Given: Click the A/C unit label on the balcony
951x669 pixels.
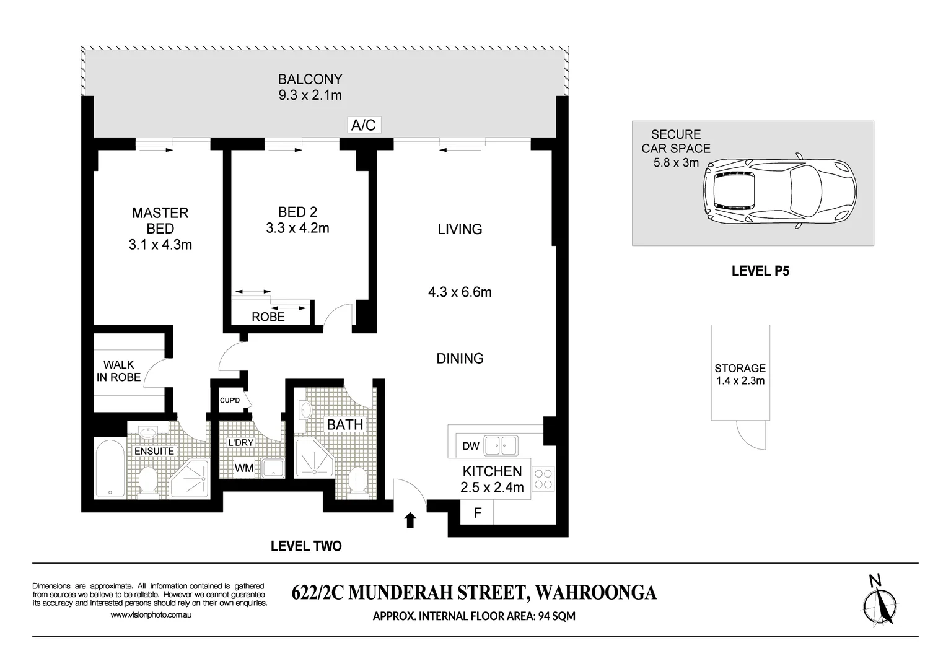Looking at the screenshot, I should coord(363,125).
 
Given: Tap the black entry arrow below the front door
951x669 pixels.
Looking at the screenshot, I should coord(410,520).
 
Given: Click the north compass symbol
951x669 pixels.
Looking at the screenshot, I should coord(880,602).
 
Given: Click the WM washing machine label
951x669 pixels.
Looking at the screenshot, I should coord(243,468).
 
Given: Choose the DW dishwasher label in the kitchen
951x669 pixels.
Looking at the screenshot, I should coord(471,446).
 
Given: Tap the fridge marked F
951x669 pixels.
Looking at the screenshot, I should coord(477,513).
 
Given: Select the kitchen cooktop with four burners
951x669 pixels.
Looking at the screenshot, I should coord(544,478).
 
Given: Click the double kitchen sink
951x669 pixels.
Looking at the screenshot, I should coord(501,445).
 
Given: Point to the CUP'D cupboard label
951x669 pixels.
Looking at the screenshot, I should coord(230,401).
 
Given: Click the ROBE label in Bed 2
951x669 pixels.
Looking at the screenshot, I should coord(268,317).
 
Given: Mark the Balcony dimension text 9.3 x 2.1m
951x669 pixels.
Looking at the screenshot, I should coord(310,95).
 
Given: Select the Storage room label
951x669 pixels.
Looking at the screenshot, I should coord(740,368).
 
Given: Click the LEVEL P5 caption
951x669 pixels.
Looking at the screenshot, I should coord(760,271).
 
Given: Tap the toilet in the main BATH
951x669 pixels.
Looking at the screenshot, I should coord(357,481).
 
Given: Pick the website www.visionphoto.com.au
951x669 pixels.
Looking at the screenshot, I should coord(151,615).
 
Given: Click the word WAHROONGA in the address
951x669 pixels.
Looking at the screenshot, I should coord(595,592).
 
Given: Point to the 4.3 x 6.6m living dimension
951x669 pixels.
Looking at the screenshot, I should coord(460,292).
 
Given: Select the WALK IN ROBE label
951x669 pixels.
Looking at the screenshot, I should coord(118,371).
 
